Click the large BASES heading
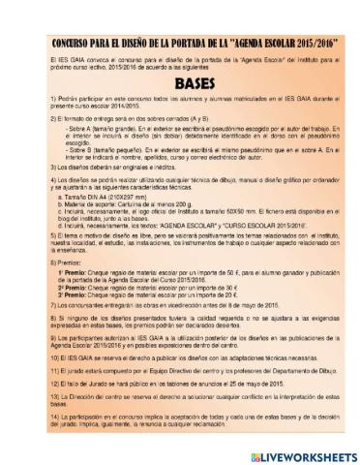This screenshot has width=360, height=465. [180, 84]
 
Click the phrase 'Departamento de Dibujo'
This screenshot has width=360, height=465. [275, 372]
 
